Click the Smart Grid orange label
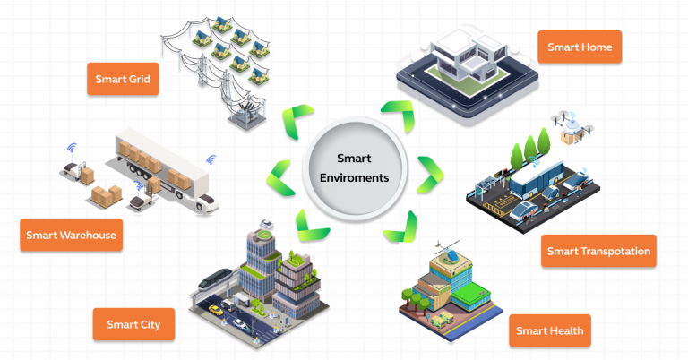click(123, 79)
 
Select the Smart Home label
click(579, 45)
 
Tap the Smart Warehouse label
click(70, 236)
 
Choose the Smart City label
click(133, 324)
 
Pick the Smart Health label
click(549, 331)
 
